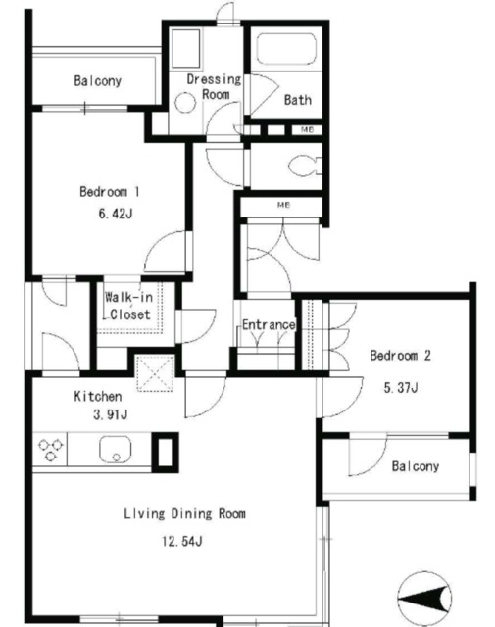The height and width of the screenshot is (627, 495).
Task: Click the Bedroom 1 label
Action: coord(109,192)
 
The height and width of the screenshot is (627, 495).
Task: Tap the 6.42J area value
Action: coord(116,214)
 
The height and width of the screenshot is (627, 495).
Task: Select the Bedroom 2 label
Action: coord(400,355)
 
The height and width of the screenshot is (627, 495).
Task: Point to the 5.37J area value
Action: coord(401,388)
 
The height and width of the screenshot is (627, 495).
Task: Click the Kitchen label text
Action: coord(98,396)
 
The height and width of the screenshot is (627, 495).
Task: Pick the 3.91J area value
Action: coord(110,414)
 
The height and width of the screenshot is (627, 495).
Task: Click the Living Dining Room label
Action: coord(184,513)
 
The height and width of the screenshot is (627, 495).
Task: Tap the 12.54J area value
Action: coord(181,541)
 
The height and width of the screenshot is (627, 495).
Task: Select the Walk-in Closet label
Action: coord(128,306)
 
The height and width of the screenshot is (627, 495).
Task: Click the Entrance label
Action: coord(269,324)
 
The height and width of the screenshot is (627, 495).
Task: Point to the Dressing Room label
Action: coord(214,87)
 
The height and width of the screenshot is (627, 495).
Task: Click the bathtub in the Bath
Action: coord(286,48)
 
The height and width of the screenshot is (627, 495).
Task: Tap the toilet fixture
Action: coord(305,166)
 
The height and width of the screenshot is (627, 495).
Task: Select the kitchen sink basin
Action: coord(116,450)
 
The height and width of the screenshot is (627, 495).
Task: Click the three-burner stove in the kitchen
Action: coord(50,450)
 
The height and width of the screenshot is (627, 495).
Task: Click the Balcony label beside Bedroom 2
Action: coord(415,466)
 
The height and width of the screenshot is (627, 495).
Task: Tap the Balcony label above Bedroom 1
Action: coord(98,80)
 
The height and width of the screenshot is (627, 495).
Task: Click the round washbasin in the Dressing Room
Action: coord(185,103)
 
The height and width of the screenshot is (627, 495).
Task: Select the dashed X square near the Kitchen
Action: coord(155,373)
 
